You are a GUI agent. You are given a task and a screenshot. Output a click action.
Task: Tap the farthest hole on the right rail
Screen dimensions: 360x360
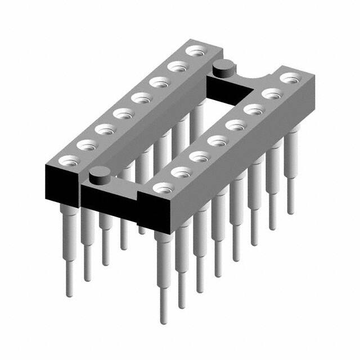tap(289, 77)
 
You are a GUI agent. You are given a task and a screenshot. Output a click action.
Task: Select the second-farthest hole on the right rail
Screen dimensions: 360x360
tap(271, 93)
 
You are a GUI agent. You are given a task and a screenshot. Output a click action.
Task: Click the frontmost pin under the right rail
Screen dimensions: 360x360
tap(163, 281)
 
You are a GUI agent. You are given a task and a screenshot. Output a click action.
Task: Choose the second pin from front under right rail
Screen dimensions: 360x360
tap(181, 270)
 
